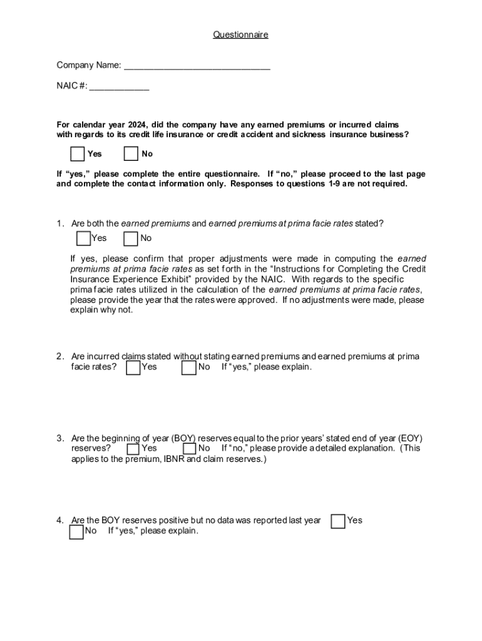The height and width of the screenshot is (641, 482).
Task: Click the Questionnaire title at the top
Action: tap(240, 35)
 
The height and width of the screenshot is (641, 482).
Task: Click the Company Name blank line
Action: tap(197, 65)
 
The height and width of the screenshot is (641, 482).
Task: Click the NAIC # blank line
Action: tap(119, 86)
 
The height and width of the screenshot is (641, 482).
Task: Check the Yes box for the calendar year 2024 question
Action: tap(78, 154)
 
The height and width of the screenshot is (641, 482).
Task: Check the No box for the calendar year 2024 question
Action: tap(131, 154)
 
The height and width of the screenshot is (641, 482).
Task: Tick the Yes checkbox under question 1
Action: tap(83, 238)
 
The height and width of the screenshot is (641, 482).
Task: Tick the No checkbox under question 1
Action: tap(131, 238)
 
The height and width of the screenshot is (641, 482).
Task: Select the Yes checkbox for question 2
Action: tap(133, 367)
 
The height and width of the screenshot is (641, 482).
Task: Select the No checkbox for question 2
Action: tap(188, 367)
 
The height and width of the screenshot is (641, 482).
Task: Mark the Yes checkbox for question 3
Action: tap(133, 449)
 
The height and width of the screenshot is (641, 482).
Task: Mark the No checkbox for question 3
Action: tap(190, 449)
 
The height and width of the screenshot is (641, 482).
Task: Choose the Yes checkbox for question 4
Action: tap(338, 521)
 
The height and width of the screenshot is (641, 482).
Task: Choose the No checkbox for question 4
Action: tap(76, 531)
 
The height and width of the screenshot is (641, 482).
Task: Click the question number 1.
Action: tap(59, 223)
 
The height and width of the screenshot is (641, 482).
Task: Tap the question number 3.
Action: tap(59, 439)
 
